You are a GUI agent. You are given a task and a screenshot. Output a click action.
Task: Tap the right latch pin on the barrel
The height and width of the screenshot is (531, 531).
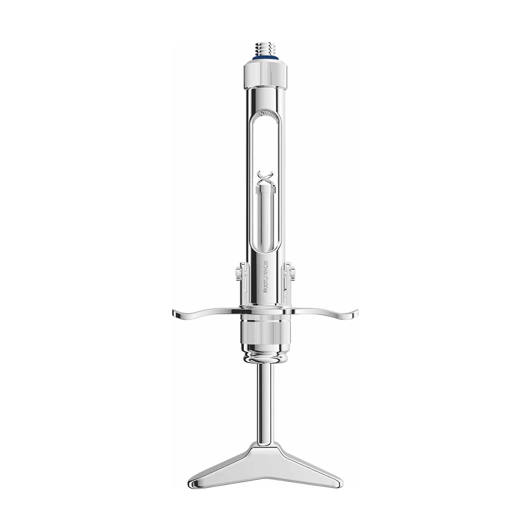click(x=290, y=275)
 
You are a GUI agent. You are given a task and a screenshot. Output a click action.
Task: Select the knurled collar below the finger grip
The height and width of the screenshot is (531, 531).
click(x=265, y=332)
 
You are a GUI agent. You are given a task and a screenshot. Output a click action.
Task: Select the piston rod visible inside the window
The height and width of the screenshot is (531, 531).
click(x=265, y=218)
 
